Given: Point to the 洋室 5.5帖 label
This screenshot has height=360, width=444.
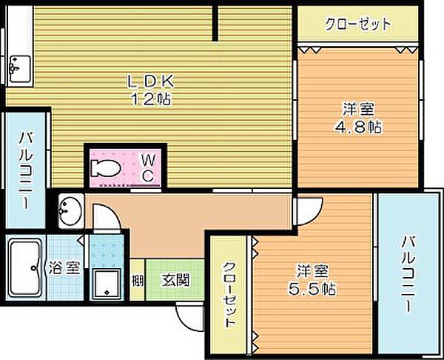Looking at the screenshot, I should (313, 277).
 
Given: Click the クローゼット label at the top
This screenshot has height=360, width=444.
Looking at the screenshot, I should (357, 24).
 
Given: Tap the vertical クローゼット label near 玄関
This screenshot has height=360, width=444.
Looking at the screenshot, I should (229, 296).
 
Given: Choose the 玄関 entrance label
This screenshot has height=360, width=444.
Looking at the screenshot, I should (175, 280).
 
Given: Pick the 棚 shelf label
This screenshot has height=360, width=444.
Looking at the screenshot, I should (138, 280).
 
